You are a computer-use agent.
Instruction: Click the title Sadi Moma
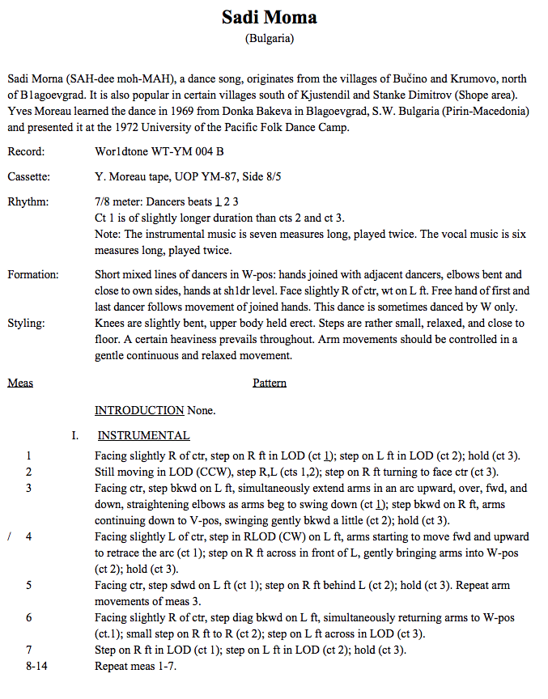click(269, 17)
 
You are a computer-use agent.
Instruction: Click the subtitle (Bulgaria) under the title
click(269, 38)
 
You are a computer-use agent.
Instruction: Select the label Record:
click(26, 151)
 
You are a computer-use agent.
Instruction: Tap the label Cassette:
click(29, 176)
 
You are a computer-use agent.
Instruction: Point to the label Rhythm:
click(28, 201)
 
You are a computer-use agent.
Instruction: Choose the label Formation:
click(33, 275)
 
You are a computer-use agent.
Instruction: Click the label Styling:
click(27, 323)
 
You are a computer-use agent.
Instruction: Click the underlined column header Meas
click(20, 383)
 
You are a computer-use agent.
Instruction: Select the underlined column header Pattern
click(270, 383)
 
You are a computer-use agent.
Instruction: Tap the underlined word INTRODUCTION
click(139, 410)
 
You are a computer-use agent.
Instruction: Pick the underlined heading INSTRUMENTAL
click(143, 435)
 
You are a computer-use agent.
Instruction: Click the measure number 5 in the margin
click(29, 584)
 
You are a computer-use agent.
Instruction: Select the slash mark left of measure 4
click(9, 536)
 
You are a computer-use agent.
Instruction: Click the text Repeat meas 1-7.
click(135, 666)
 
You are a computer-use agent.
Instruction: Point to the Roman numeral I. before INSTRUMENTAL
click(75, 435)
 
